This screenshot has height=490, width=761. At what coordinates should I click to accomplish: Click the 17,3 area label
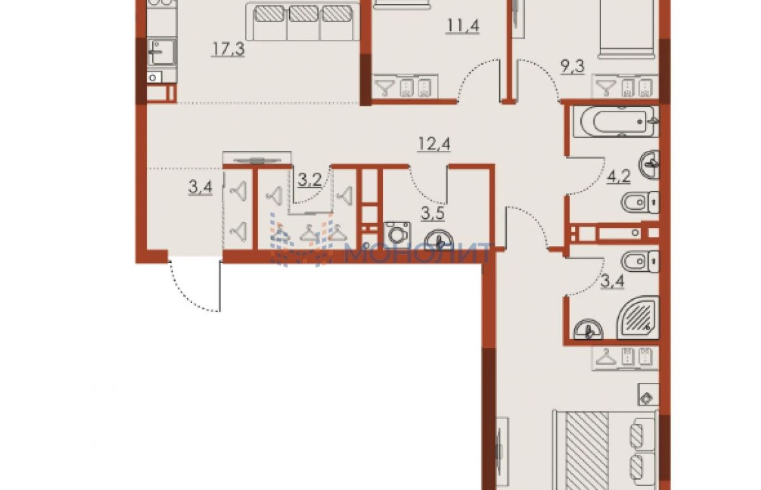tap(228, 49)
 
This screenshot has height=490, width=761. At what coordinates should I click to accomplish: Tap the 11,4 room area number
tap(463, 25)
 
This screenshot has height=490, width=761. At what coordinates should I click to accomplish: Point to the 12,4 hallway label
tap(434, 144)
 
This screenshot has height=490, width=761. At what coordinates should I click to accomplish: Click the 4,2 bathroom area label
tap(618, 177)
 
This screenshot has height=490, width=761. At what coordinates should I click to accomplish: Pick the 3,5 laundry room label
tap(433, 214)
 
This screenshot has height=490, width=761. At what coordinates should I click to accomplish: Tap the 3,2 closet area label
tap(309, 179)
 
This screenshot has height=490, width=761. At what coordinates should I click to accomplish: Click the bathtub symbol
tap(616, 122)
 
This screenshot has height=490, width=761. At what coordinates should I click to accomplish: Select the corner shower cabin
tap(638, 318)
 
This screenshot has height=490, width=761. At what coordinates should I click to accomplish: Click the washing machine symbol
tap(397, 234)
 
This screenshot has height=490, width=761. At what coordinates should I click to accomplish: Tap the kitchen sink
tap(162, 51)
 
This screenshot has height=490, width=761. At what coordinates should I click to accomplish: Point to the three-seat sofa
tap(302, 21)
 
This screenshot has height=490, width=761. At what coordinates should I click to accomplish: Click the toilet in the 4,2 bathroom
tap(640, 203)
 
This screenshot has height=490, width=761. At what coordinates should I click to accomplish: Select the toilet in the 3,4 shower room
tap(640, 261)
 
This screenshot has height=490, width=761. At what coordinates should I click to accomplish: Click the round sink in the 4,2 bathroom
tap(649, 165)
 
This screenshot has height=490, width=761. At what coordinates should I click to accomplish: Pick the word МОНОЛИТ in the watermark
tap(417, 253)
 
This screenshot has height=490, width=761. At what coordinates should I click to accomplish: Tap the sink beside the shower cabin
tap(588, 330)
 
